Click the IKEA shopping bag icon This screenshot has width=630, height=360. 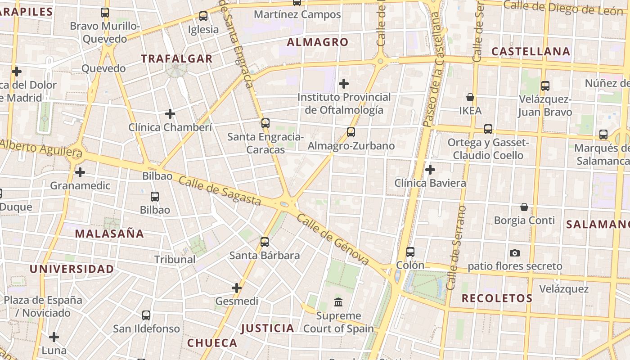pyautogui.click(x=470, y=97)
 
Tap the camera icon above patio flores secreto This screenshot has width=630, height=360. pyautogui.click(x=515, y=253)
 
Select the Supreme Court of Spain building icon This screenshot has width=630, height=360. pyautogui.click(x=338, y=302)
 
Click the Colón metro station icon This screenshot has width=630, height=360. pyautogui.click(x=410, y=252)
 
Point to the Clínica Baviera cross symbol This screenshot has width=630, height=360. pyautogui.click(x=430, y=170)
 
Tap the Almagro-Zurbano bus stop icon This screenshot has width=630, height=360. pyautogui.click(x=351, y=132)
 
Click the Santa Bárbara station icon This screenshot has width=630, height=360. pyautogui.click(x=265, y=242)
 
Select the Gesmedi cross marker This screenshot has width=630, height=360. pyautogui.click(x=237, y=288)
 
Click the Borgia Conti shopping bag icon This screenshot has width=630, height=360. pyautogui.click(x=524, y=207)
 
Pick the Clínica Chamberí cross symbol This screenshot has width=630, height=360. pyautogui.click(x=170, y=114)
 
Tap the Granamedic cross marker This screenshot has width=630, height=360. pyautogui.click(x=80, y=172)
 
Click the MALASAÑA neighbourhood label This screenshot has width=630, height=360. pyautogui.click(x=109, y=234)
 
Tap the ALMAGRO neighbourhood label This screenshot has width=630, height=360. pyautogui.click(x=318, y=42)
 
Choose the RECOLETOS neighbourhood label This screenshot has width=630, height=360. pyautogui.click(x=497, y=298)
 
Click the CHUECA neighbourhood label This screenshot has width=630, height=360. pyautogui.click(x=212, y=343)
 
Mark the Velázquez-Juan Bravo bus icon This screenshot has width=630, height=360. pyautogui.click(x=545, y=85)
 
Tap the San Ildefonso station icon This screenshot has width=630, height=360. pyautogui.click(x=146, y=315)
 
